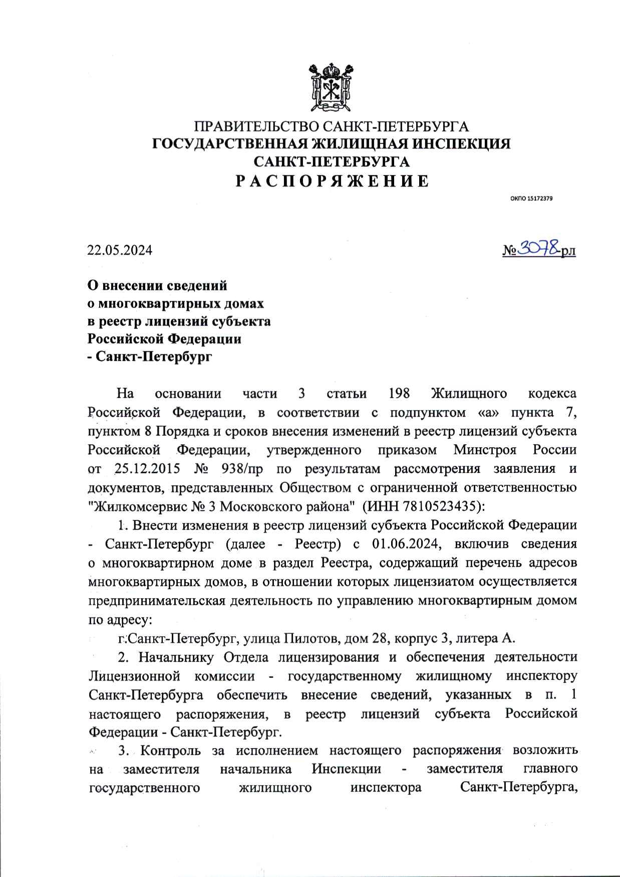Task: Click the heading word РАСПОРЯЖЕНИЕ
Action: tap(332, 181)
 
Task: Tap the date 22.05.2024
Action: tap(120, 250)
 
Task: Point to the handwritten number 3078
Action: tap(538, 248)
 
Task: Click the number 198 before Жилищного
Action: tap(400, 394)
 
